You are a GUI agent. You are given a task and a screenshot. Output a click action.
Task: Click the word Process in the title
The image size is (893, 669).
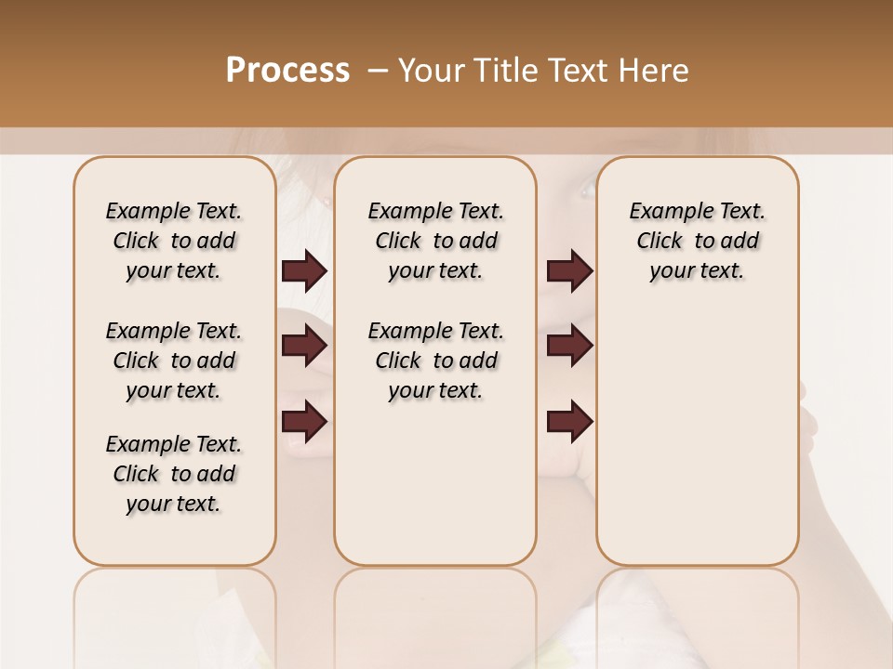[287, 71]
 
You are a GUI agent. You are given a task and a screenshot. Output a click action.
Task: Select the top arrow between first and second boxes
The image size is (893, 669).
[304, 270]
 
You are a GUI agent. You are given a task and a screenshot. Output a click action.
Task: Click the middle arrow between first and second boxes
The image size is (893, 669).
[304, 346]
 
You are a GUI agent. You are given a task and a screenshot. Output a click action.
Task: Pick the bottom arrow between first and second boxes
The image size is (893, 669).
[304, 422]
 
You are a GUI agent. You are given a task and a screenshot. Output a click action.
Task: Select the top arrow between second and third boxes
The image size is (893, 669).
[569, 270]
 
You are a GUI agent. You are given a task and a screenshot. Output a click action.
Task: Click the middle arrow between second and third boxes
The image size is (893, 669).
[569, 346]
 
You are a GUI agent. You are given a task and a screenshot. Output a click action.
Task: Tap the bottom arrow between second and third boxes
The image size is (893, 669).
[569, 422]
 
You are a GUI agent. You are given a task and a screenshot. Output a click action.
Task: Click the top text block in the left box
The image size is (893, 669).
[174, 241]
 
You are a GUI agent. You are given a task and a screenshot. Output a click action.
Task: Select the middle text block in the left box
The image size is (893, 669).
[174, 361]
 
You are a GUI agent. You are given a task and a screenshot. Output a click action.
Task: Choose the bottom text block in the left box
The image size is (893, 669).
[174, 474]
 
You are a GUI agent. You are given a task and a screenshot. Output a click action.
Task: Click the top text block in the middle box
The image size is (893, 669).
[435, 241]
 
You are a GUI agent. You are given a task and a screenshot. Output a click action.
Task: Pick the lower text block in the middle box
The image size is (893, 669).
[435, 361]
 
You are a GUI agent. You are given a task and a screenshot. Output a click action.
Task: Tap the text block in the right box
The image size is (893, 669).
[698, 241]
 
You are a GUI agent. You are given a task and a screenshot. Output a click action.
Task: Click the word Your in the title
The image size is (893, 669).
[433, 71]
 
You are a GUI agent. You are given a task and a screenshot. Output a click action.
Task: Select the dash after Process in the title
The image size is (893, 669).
[378, 71]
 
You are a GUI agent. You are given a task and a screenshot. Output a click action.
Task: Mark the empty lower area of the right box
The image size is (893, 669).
[698, 437]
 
